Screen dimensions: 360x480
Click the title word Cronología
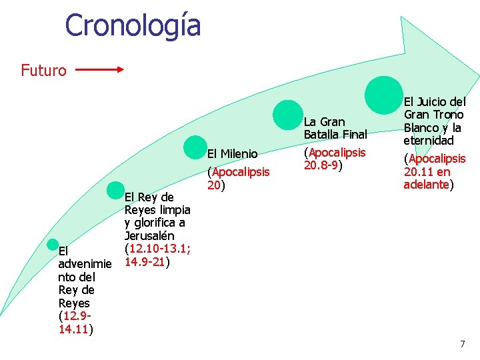(133, 25)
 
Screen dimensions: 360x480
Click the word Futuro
(43, 70)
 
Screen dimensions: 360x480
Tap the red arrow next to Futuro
(98, 68)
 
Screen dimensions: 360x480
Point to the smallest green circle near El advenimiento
(56, 245)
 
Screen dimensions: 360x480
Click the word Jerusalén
(149, 236)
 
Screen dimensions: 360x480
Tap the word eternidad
(428, 141)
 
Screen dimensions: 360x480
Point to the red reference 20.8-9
(323, 165)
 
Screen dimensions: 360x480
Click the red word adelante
(426, 185)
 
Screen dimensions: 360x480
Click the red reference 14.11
(73, 329)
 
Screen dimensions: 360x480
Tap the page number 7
(463, 343)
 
